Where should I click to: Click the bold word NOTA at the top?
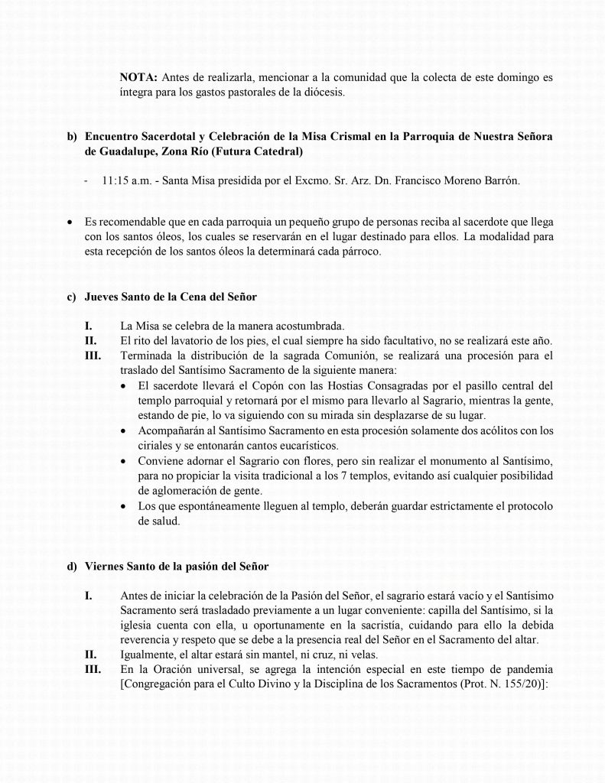point(137,78)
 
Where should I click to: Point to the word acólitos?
point(486,431)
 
